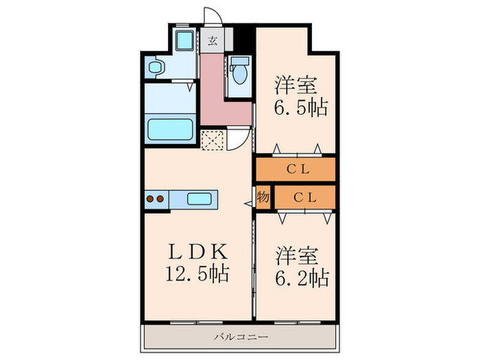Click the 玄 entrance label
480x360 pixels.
213,39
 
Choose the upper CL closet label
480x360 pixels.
296,169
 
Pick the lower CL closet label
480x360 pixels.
304,197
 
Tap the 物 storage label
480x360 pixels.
263,197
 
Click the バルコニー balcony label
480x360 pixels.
239,337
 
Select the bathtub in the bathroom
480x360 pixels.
171,128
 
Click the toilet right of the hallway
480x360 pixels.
240,71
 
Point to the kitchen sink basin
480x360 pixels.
200,199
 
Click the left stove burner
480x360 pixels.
151,200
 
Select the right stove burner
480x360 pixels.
161,200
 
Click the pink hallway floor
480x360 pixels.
221,96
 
